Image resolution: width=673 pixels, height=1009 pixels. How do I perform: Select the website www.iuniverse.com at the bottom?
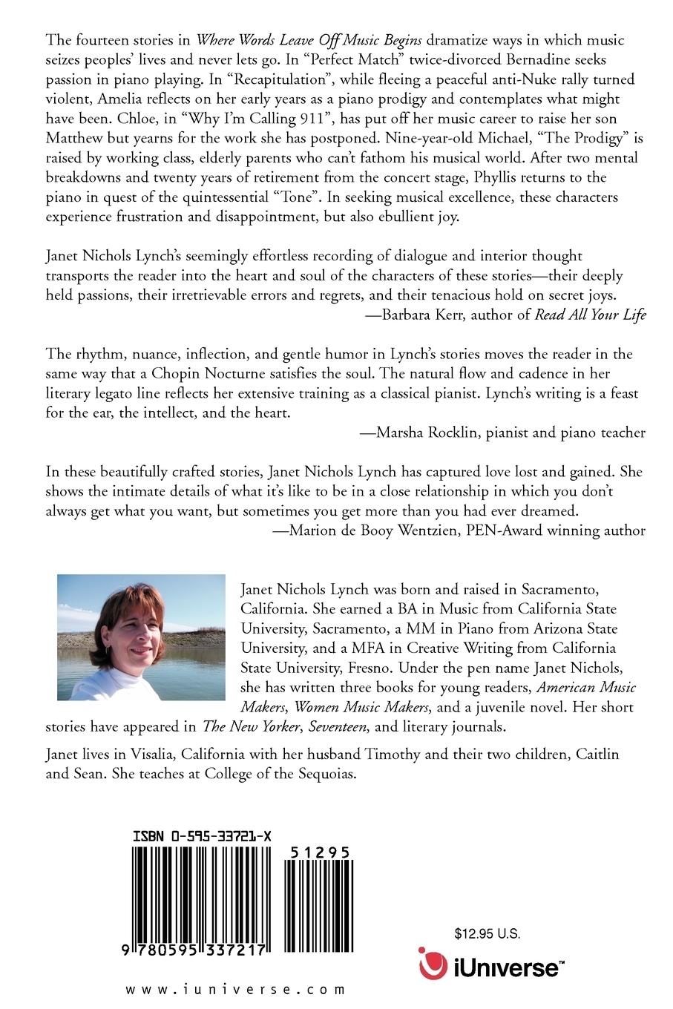click(x=235, y=989)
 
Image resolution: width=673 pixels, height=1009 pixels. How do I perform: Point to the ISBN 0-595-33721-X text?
click(x=202, y=836)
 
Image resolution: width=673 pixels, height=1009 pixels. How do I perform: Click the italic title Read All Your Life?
click(x=591, y=314)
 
